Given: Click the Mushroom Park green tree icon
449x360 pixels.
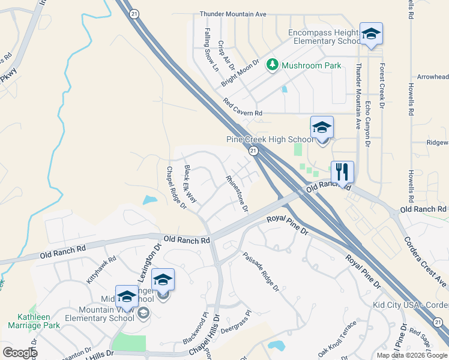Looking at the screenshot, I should (273, 64).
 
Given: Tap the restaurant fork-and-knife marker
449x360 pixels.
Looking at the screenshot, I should (342, 172).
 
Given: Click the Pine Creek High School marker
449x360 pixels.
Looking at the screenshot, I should (322, 128).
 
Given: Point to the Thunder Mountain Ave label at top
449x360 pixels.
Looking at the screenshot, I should (233, 14).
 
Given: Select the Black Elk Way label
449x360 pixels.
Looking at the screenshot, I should (190, 183).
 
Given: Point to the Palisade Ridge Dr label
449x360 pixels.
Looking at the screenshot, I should (261, 271).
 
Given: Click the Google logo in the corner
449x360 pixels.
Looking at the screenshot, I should (19, 352).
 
